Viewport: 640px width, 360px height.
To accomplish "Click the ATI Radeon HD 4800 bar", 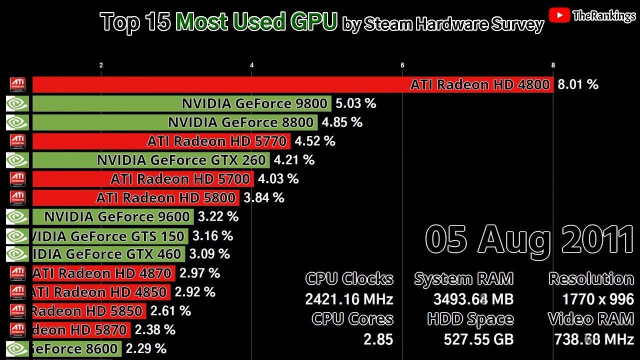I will coord(292,85).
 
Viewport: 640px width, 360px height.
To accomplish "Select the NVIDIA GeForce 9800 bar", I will coord(181,104).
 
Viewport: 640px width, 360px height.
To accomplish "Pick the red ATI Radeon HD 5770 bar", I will coord(161,141).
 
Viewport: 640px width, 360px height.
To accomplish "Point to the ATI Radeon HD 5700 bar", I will coord(143,179).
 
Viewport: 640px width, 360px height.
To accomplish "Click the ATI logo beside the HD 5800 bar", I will coord(17,198).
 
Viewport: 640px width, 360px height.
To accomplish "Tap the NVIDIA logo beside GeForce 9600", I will coord(17,217).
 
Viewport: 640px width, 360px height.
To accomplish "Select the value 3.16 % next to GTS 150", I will coord(212,235).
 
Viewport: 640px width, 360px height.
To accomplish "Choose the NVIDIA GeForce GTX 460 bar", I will coord(108,254).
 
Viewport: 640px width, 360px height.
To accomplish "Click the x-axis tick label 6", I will coord(402,65).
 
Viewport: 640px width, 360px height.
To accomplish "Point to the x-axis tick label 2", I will coord(101,65).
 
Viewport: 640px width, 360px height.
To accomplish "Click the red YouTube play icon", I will coord(559,15).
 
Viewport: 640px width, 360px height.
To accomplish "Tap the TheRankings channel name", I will coord(603,16).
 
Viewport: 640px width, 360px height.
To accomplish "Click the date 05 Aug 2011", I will coord(529,240).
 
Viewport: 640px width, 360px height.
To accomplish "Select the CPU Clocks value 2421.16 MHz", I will coord(349,299).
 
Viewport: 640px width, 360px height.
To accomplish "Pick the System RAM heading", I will coord(463,279).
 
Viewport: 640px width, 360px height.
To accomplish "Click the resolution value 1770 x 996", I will coord(598,299).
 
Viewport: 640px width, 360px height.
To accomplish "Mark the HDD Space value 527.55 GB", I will coord(478,339).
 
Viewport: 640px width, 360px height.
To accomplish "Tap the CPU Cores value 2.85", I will coord(378,339).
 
